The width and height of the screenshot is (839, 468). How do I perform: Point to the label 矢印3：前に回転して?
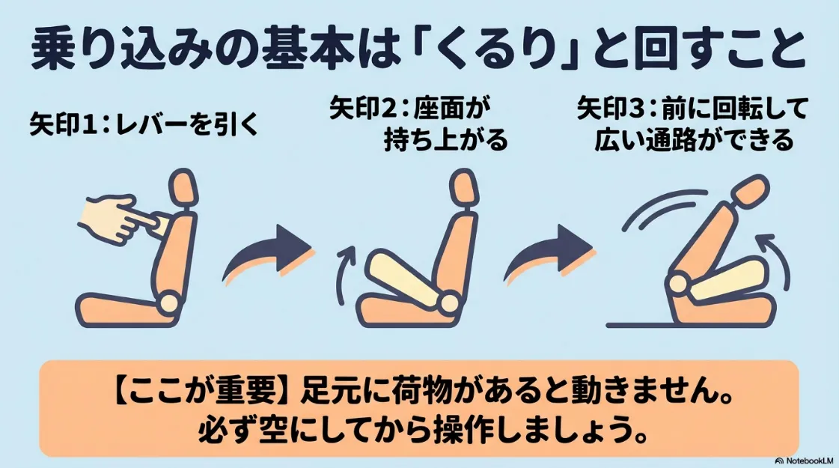[x=692, y=110]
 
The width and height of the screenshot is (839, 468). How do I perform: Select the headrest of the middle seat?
[x=463, y=189]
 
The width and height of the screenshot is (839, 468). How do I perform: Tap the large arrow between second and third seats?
[x=546, y=252]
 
